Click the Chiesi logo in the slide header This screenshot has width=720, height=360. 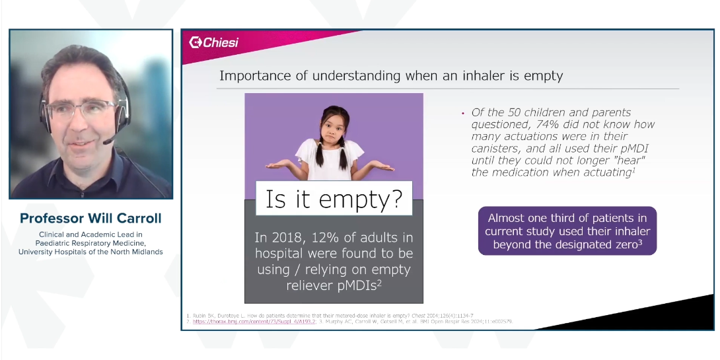[x=213, y=43]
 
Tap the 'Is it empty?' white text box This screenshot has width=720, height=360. [x=334, y=198]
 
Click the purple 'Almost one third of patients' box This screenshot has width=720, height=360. [x=567, y=231]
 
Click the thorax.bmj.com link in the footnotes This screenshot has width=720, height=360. [x=241, y=322]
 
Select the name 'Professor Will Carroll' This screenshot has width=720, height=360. [x=90, y=218]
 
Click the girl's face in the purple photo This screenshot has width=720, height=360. [x=334, y=127]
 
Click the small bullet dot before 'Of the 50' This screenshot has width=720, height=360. [x=463, y=113]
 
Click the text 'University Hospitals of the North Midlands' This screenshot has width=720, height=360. [x=90, y=252]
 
